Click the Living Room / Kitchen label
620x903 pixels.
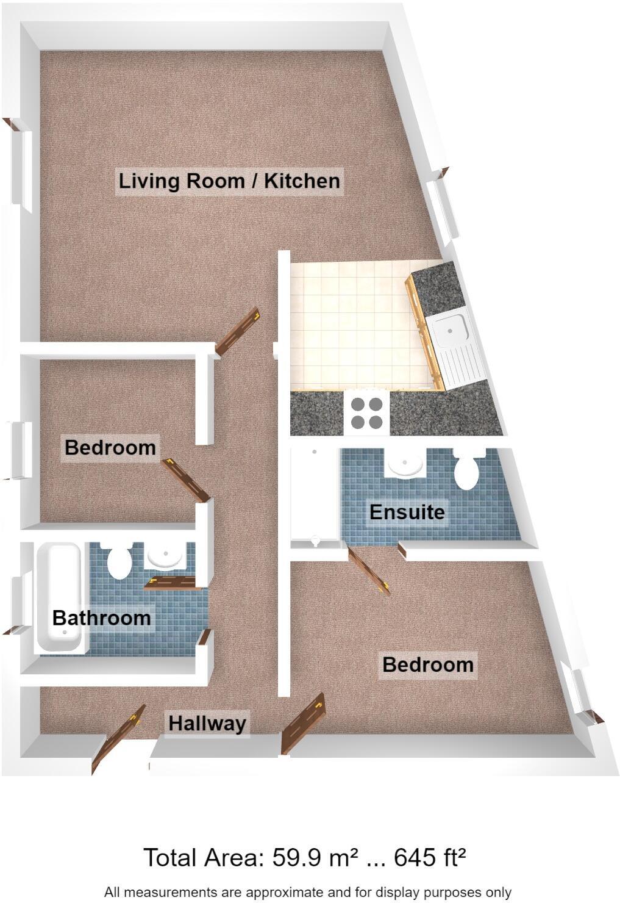click(229, 181)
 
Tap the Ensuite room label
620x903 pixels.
click(407, 511)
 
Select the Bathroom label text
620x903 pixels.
click(101, 617)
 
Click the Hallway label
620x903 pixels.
click(207, 723)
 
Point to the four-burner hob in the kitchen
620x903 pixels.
click(366, 413)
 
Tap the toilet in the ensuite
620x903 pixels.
click(468, 469)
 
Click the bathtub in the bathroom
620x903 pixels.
click(59, 598)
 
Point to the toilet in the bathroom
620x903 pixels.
click(119, 561)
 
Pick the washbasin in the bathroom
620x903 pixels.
click(165, 556)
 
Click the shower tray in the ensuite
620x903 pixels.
click(315, 494)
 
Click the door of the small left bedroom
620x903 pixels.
click(186, 480)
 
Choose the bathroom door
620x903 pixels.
click(173, 583)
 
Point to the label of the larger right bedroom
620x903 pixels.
click(427, 664)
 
